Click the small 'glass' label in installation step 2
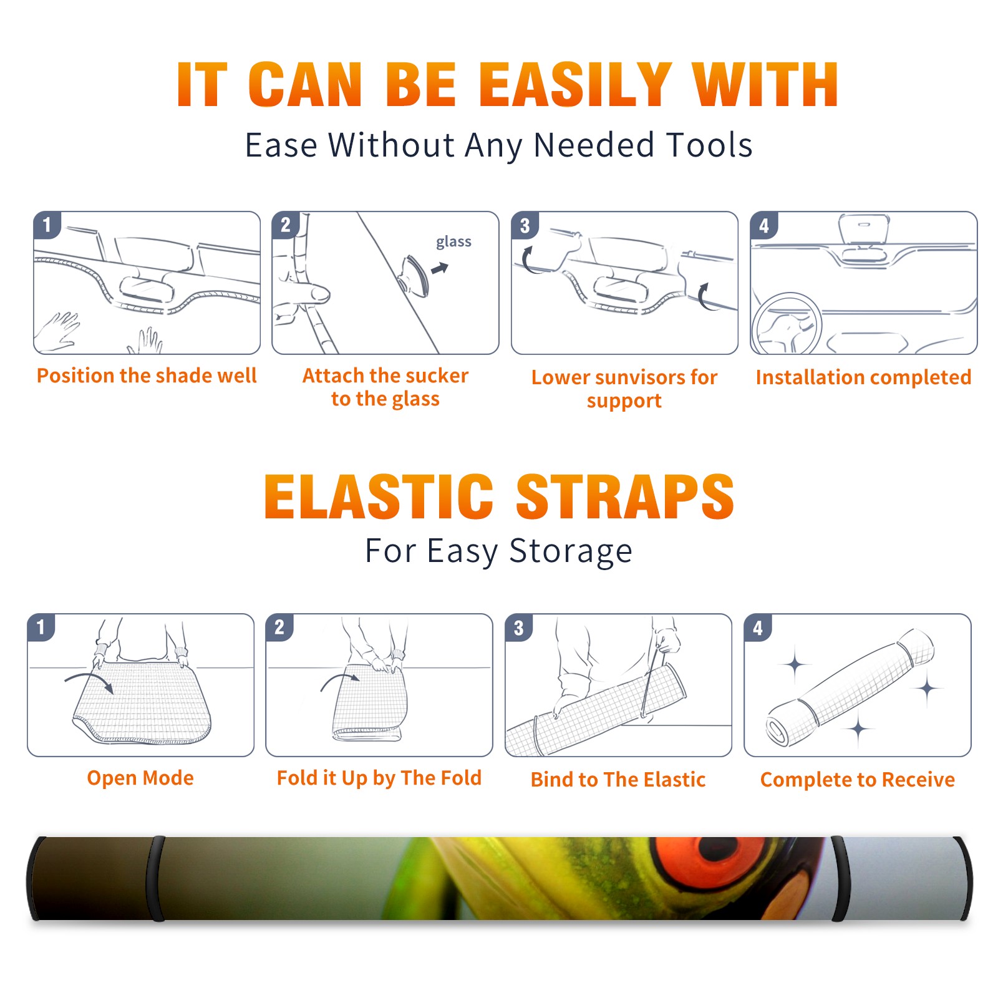(x=453, y=242)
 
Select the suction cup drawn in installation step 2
(x=415, y=275)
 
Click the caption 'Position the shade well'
(x=147, y=375)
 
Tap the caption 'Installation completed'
(x=863, y=377)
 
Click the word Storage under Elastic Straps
(x=571, y=551)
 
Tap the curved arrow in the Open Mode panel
(x=89, y=681)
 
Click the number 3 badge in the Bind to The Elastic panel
(x=519, y=627)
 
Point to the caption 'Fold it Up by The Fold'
(x=379, y=778)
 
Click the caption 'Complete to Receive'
(x=858, y=780)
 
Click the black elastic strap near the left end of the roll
(x=156, y=878)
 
